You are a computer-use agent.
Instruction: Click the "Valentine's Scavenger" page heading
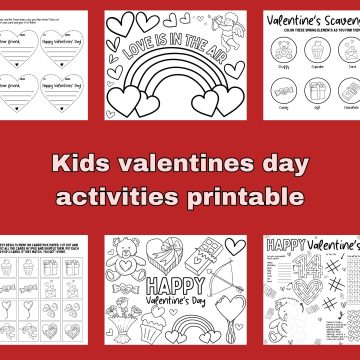[310, 17]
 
